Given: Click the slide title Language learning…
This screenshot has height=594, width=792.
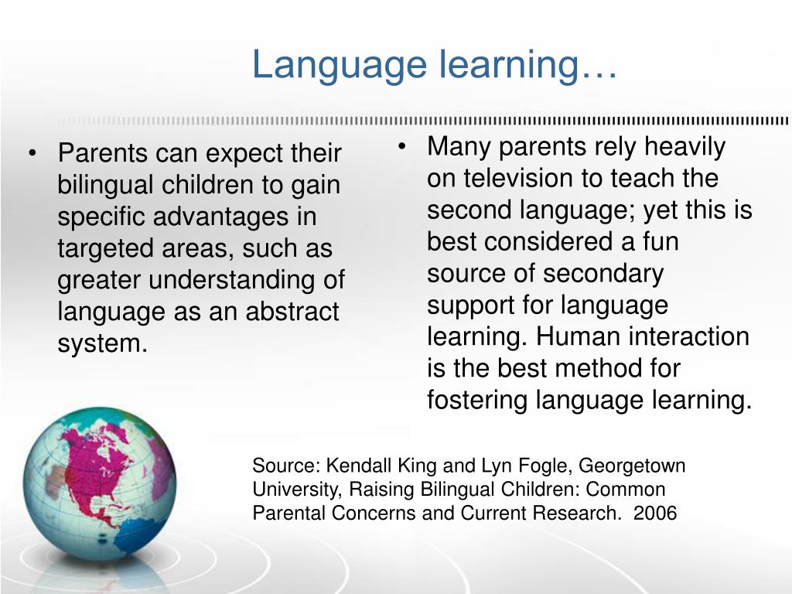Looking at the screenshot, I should pos(434,65).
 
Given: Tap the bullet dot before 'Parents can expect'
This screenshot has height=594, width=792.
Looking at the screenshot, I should pos(32,154).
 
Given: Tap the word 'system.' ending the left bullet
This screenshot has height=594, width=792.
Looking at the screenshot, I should pos(102,343).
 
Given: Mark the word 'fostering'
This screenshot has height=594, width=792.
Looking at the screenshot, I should pos(477,401).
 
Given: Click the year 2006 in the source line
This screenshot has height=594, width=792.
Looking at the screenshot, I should pos(654,514).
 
